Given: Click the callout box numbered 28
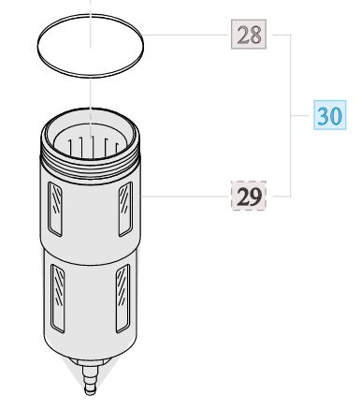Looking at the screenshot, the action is click(x=249, y=34).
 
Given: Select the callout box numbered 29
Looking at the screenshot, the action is click(x=249, y=196).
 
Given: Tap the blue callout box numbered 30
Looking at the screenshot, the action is click(x=330, y=115).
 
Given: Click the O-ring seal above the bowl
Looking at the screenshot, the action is click(x=91, y=74).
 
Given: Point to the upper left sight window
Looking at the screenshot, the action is click(x=55, y=209).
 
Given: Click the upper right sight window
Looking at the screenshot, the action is click(x=125, y=209).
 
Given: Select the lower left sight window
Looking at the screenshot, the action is click(x=58, y=298).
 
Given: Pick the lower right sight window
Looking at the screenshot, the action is click(x=122, y=298).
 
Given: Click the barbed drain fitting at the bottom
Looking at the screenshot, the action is click(x=91, y=380).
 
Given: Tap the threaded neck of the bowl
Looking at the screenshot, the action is click(x=91, y=167).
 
